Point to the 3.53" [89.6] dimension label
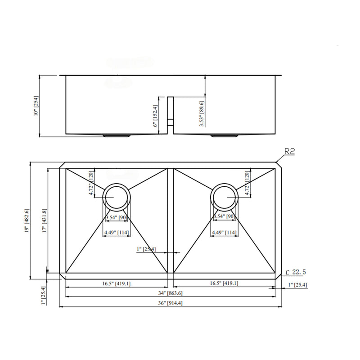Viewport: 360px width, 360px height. (202, 116)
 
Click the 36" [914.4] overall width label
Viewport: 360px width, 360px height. (171, 303)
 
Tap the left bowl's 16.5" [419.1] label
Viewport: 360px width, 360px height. (116, 283)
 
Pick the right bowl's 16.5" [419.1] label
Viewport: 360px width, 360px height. (223, 283)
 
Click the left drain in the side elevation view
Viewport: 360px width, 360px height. (117, 135)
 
